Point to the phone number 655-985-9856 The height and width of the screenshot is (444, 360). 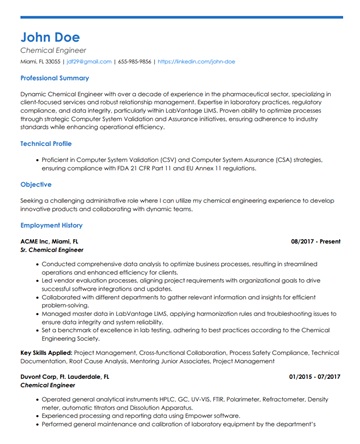[134, 61]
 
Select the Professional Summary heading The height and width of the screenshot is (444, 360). [54, 77]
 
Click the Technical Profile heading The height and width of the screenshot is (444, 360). [48, 143]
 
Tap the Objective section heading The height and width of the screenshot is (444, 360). [36, 184]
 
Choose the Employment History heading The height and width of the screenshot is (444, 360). [51, 225]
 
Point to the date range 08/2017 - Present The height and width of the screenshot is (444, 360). [315, 241]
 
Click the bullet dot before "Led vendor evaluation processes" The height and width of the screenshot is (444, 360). [37, 281]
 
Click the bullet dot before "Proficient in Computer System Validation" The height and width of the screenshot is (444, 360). [37, 158]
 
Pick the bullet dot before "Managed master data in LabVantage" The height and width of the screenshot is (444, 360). [37, 314]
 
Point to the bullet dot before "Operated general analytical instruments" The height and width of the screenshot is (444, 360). [37, 398]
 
